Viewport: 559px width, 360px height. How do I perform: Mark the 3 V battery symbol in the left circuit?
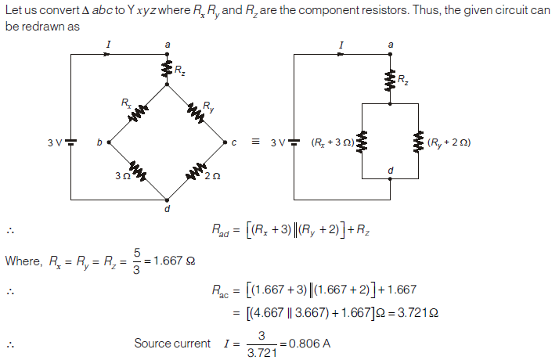coord(70,142)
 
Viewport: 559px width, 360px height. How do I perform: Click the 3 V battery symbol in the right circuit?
coord(294,142)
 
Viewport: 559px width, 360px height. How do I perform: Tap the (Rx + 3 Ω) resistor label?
coord(332,142)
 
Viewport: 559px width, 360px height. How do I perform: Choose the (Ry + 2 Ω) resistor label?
coord(448,142)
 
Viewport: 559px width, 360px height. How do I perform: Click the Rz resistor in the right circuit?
coord(390,79)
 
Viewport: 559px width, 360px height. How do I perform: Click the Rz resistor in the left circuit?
coord(167,70)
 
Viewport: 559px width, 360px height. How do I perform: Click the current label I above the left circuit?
coord(108,45)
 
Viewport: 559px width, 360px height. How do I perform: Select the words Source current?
coord(172,343)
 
